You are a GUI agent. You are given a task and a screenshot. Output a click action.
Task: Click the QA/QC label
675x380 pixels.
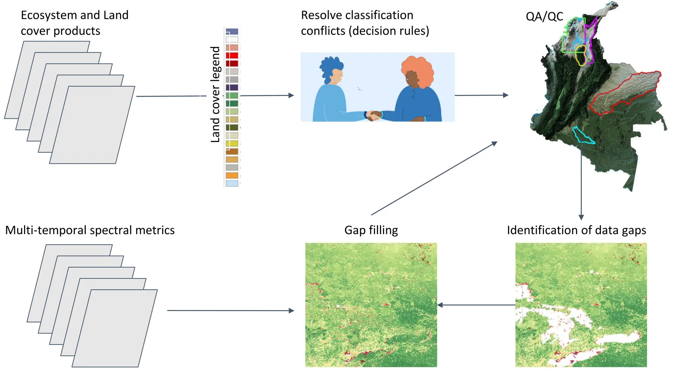click(544, 16)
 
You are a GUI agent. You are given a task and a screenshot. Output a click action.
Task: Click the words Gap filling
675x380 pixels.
click(371, 230)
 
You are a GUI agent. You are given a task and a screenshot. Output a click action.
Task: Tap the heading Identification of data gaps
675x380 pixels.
click(576, 230)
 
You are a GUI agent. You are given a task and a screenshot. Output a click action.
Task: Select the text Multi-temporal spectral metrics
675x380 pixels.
click(90, 230)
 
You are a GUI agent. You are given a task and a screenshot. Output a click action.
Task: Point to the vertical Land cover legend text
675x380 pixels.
click(215, 94)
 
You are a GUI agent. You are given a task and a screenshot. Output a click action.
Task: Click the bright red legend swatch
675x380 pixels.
click(232, 55)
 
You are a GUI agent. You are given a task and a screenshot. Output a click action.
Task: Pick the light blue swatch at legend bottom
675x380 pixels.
click(232, 183)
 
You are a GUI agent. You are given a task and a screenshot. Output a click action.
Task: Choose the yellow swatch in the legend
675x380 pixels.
click(232, 143)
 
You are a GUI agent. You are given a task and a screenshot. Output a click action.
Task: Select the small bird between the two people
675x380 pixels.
click(360, 89)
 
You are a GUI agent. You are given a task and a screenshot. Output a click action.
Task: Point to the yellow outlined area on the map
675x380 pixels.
click(581, 55)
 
